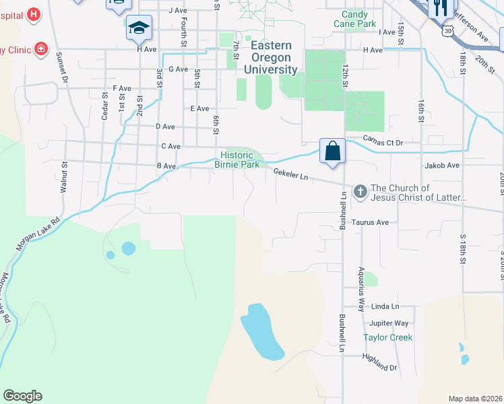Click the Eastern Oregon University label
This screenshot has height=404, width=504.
coord(272,57)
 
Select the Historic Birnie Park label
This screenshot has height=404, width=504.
coord(237,160)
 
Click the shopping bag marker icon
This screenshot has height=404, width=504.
coord(333,149)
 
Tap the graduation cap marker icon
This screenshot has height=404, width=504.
coord(139,27)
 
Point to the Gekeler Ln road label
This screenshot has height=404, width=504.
coord(290,174)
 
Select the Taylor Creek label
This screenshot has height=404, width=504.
coord(387,337)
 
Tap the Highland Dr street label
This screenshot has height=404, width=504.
coord(379,362)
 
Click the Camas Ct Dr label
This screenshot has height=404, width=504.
coord(382,142)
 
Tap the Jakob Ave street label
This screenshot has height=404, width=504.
coord(442,165)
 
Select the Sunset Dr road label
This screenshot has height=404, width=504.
coord(62,67)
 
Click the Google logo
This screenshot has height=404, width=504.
coord(22,396)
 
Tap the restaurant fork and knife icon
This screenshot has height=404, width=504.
coord(441,7)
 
